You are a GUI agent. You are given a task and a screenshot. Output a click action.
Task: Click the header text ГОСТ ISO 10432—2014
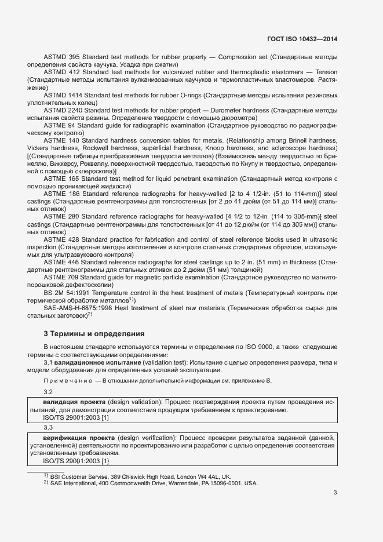tap(302, 39)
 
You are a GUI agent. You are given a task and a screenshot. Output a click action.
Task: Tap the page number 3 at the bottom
tap(335, 493)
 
